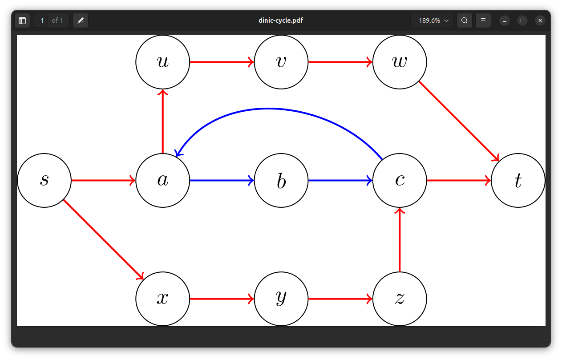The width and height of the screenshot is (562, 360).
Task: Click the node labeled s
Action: coord(44,180)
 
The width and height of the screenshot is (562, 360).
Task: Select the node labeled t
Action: coord(518,180)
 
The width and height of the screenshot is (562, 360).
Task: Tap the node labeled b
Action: coord(281,180)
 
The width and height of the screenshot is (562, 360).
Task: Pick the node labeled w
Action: coord(400,62)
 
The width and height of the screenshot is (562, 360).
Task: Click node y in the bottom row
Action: coord(281,299)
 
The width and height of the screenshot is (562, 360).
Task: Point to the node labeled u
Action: coord(163,62)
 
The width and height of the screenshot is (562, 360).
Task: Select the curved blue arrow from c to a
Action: coord(268,109)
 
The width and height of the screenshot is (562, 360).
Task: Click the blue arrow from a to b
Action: coord(222,180)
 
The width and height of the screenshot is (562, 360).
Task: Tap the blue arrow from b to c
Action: coord(340,180)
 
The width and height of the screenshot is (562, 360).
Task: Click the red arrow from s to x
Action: coord(103,239)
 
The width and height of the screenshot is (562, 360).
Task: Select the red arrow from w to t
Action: coord(459,121)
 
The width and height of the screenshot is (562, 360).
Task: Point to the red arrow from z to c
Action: coord(400,240)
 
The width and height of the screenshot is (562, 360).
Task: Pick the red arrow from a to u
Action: coord(163,121)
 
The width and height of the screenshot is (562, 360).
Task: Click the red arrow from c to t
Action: coord(459,180)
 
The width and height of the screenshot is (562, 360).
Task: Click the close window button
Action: coord(540,20)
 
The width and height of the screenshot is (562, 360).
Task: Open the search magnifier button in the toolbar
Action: coord(465,20)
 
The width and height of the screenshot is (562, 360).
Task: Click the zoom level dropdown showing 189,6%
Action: coord(432,20)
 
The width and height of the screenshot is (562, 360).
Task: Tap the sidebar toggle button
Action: coord(22,20)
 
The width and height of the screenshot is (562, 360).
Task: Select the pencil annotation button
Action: coord(81,20)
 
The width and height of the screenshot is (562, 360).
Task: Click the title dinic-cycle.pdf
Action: coord(281,20)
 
